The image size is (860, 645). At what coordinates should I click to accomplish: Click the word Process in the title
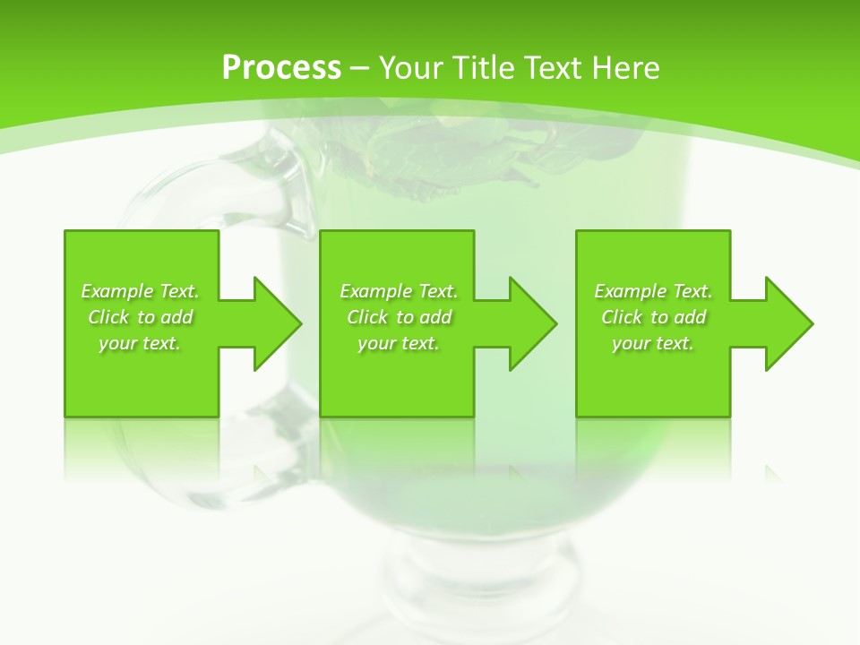tap(281, 68)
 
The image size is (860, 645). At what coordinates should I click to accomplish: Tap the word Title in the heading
tap(483, 68)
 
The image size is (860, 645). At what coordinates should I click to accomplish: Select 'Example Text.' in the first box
tap(140, 291)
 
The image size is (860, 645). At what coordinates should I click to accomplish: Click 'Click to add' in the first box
tap(140, 317)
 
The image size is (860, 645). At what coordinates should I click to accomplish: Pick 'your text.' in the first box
tap(140, 343)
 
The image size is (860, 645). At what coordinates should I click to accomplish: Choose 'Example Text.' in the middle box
tap(399, 291)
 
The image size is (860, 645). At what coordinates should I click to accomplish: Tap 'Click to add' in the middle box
tap(399, 317)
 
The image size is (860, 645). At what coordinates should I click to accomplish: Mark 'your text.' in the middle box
tap(399, 343)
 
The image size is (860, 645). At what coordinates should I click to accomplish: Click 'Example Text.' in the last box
tap(653, 291)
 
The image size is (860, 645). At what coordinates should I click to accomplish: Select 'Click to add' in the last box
tap(653, 317)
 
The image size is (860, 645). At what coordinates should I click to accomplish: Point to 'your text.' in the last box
tap(653, 343)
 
